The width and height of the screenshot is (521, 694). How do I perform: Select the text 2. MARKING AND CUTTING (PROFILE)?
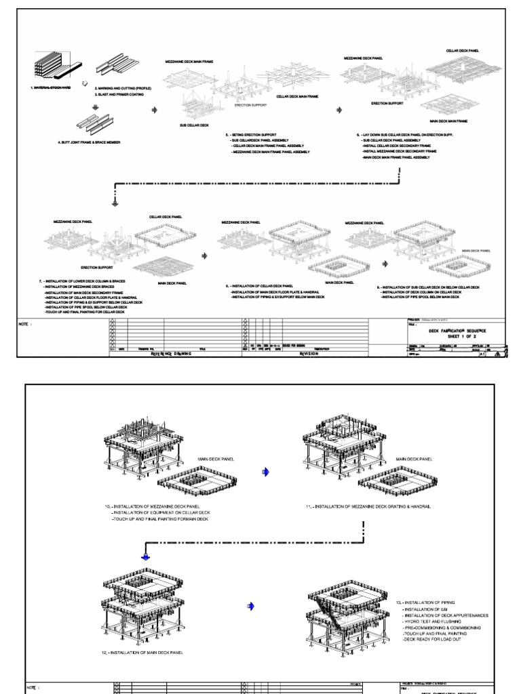(123, 88)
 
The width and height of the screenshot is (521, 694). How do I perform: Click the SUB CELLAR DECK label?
(194, 125)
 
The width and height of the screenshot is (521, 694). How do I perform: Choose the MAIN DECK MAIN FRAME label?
(444, 121)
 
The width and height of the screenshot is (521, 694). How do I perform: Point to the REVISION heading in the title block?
(308, 352)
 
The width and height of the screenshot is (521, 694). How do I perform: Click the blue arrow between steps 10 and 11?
(265, 472)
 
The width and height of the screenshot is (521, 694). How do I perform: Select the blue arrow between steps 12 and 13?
(251, 607)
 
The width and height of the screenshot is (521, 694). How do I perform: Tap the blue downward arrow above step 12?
(144, 557)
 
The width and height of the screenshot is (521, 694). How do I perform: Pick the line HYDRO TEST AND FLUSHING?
(435, 621)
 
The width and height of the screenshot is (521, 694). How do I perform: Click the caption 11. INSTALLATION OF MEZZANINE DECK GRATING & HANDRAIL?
(368, 506)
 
